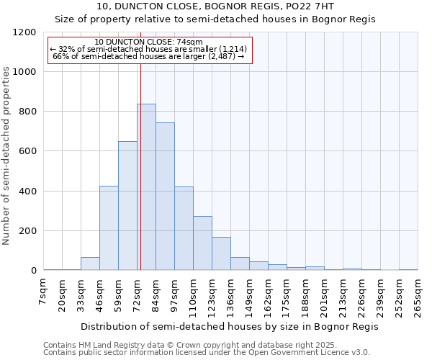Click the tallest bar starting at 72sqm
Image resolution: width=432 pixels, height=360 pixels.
pyautogui.click(x=146, y=187)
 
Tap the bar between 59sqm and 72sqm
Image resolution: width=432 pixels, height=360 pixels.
pyautogui.click(x=127, y=206)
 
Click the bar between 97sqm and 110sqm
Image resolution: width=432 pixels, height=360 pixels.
pyautogui.click(x=184, y=229)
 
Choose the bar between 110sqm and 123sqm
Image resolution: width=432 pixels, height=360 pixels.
pyautogui.click(x=202, y=243)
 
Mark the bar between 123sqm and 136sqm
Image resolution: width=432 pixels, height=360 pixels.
pyautogui.click(x=221, y=253)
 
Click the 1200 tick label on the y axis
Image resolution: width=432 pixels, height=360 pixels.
pyautogui.click(x=24, y=32)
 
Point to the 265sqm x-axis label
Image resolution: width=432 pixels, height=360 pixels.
pyautogui.click(x=418, y=297)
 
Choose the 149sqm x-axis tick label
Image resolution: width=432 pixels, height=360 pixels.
pyautogui.click(x=249, y=297)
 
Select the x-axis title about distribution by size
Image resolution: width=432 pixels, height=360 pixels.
pyautogui.click(x=229, y=326)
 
